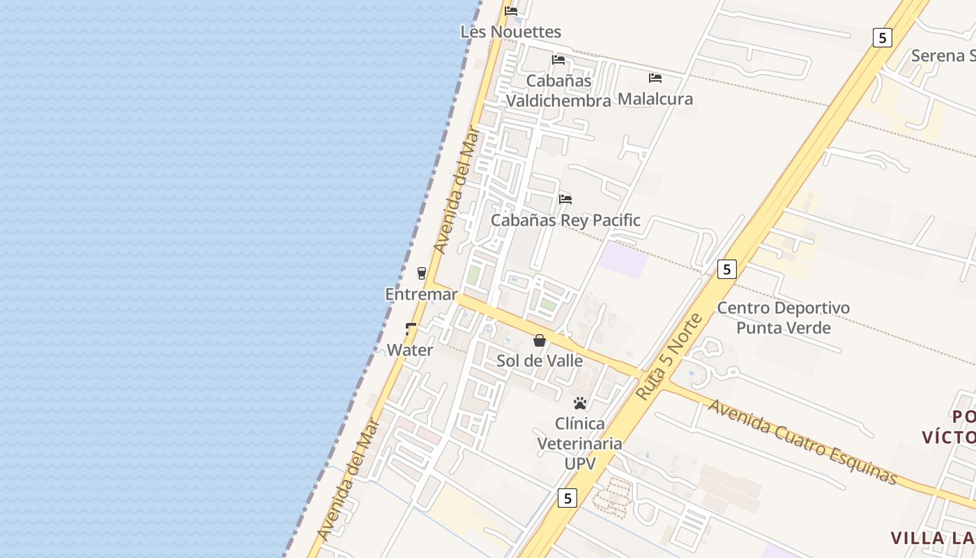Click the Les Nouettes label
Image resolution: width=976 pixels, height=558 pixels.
510,32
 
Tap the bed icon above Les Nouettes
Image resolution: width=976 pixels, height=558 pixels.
511,11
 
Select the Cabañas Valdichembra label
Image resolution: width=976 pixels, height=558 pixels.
558,91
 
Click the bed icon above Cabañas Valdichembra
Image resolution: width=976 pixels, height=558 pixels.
558,60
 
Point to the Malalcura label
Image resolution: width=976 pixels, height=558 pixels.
655,99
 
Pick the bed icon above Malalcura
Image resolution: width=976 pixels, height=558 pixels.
655,78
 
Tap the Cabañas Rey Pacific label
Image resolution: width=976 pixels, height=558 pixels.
565,220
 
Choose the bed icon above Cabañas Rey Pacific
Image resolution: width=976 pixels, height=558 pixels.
565,199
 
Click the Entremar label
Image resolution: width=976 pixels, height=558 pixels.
421,294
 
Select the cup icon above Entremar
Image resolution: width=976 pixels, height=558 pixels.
421,273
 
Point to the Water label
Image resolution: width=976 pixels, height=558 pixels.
410,350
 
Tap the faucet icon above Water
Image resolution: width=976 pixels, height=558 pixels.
411,329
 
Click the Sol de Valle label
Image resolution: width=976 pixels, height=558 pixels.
540,361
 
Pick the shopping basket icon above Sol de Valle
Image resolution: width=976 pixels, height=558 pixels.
539,340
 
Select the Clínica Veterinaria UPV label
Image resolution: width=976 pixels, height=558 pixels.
579,444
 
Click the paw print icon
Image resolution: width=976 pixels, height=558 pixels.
579,403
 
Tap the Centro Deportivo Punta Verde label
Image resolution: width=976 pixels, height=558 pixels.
784,318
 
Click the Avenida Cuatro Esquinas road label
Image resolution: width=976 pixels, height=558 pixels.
802,441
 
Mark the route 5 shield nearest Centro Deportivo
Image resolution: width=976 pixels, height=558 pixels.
726,269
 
